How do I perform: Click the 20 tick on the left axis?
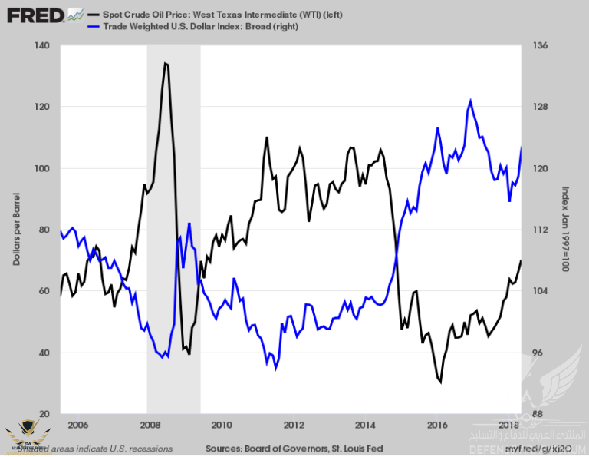pos(44,414)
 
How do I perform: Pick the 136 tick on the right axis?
pos(539,46)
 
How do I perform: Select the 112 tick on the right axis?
pos(539,230)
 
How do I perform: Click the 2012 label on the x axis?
pos(293,425)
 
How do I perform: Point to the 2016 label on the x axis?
pos(437,425)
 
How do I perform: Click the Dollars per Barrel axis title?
pos(16,230)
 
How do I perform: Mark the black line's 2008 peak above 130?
pos(165,63)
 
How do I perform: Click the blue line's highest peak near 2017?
pos(470,100)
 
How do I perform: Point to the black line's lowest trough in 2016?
pos(440,381)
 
